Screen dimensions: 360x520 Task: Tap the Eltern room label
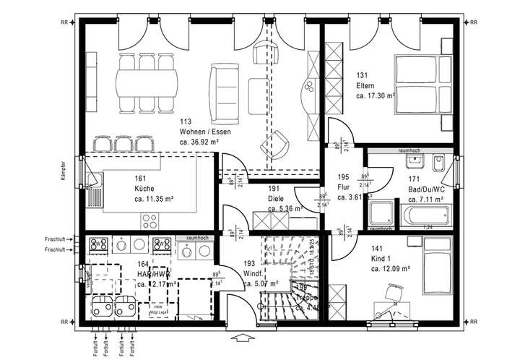364,86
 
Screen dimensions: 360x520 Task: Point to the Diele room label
275,198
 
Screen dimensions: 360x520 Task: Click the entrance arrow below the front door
241,335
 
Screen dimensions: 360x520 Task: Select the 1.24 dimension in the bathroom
427,228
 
